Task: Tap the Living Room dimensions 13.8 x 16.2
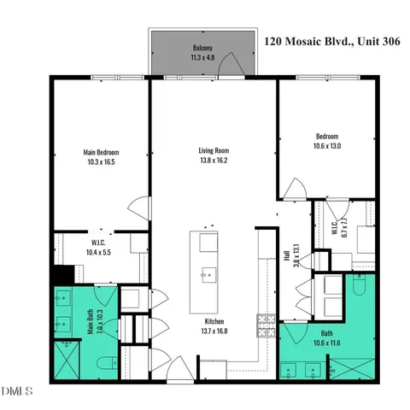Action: click(x=214, y=161)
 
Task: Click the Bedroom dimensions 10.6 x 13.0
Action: click(x=327, y=145)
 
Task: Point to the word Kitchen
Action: click(x=214, y=322)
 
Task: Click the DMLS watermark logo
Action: click(x=17, y=391)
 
